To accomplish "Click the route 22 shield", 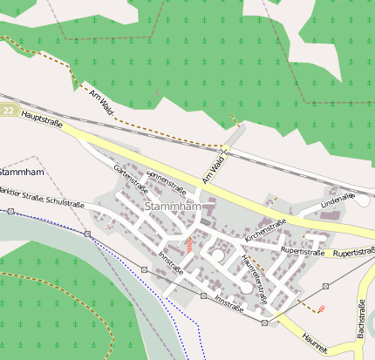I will click(x=9, y=110).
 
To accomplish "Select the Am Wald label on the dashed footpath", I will click(x=101, y=99).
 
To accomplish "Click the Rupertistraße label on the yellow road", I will click(x=353, y=253).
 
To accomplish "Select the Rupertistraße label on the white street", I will click(x=302, y=250).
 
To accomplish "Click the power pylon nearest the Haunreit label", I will click(x=264, y=323).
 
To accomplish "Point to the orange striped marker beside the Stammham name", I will click(x=188, y=245).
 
